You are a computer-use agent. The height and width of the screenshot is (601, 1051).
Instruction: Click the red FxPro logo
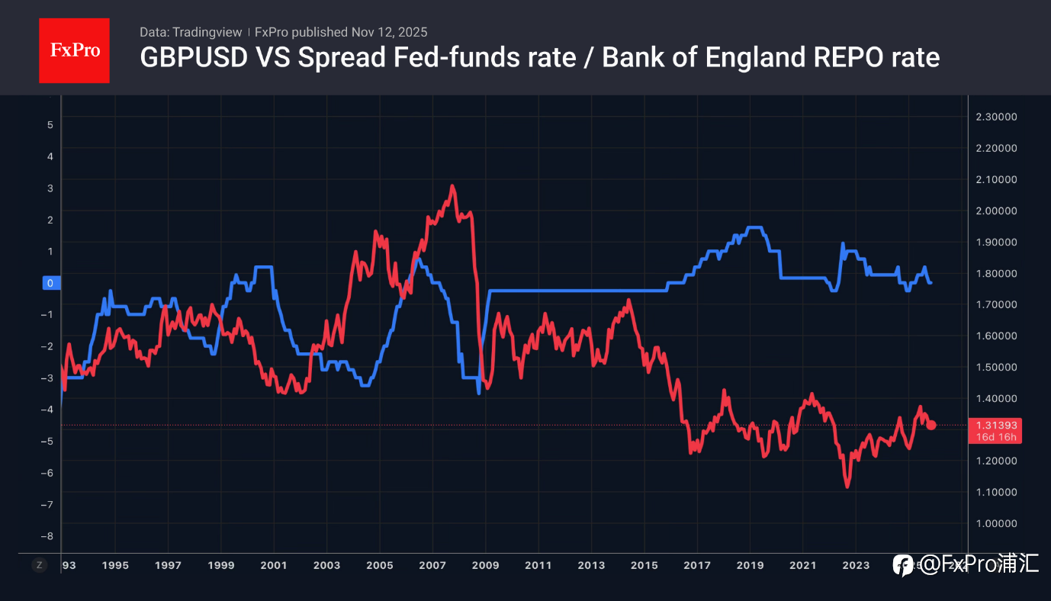click(74, 51)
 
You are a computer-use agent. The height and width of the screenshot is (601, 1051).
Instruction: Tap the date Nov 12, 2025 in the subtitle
click(389, 32)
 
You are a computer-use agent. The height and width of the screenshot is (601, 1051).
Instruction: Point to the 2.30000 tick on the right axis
click(996, 117)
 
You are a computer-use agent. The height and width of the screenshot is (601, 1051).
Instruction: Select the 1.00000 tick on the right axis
click(996, 523)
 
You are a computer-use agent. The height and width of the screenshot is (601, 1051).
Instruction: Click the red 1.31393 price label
click(996, 425)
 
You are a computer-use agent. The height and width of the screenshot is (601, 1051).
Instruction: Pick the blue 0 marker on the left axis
click(50, 283)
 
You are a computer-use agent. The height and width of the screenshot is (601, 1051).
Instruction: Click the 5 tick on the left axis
click(50, 124)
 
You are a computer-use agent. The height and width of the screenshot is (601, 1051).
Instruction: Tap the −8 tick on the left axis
click(49, 536)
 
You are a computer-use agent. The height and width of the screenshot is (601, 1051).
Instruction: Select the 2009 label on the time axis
click(485, 565)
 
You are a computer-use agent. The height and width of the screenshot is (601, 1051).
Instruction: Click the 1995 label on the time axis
click(115, 565)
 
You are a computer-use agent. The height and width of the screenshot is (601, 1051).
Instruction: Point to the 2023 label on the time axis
click(856, 565)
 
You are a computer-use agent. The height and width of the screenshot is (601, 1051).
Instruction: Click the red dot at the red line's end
click(931, 425)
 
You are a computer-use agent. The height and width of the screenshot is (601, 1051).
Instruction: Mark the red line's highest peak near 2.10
click(452, 185)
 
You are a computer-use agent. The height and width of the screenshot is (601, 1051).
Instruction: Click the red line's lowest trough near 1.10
click(847, 487)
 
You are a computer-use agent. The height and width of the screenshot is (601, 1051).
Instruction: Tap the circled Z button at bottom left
click(39, 565)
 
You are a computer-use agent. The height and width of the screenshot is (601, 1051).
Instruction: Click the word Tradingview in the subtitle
click(207, 32)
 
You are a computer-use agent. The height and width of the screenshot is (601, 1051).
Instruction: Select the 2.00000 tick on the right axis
click(996, 211)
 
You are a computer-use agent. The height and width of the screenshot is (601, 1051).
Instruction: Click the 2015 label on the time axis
click(644, 565)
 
